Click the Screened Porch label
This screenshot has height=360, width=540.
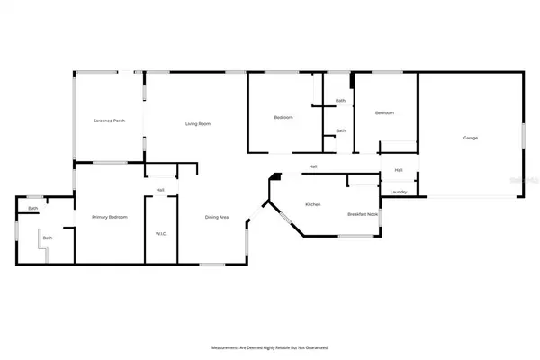point(108,121)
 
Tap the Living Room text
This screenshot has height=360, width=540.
point(198,123)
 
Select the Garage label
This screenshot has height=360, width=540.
point(470,138)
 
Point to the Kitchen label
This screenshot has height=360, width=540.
point(313,205)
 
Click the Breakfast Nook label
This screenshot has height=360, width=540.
point(363,214)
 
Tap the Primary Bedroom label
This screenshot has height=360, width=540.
point(110,217)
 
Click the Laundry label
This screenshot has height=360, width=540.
point(398,192)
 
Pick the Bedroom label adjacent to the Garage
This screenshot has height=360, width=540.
point(384,113)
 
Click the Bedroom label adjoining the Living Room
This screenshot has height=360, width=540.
point(283,118)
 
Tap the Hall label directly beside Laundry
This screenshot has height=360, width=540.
point(398,170)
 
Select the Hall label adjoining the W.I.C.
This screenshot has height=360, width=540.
point(160,190)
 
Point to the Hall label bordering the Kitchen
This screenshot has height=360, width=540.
point(313,166)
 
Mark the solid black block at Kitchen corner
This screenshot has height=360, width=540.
point(279,177)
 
